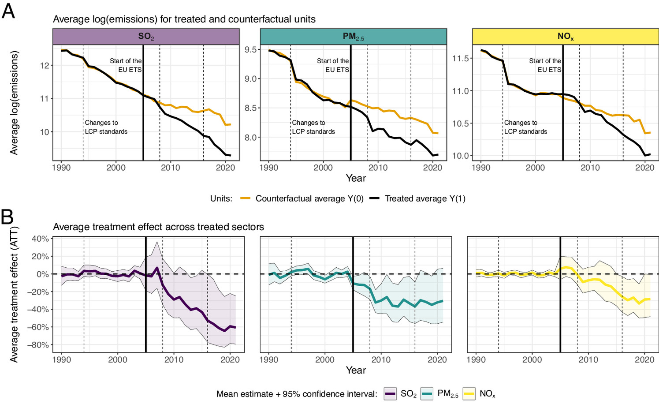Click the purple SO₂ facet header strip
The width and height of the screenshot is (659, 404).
click(x=146, y=37)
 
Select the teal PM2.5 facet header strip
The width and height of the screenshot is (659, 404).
click(x=353, y=37)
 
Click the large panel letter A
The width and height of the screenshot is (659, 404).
click(x=8, y=11)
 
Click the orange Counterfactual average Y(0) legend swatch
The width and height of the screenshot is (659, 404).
click(x=245, y=198)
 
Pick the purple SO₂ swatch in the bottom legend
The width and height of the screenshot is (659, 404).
click(x=390, y=394)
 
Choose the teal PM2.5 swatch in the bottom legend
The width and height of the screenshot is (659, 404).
click(x=427, y=394)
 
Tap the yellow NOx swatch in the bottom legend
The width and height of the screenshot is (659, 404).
click(x=469, y=394)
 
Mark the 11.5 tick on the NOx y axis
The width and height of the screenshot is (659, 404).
click(x=460, y=58)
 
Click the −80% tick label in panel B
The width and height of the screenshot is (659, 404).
click(x=38, y=345)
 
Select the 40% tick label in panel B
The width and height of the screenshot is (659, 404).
click(x=40, y=239)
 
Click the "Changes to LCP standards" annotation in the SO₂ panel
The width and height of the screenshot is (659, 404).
click(x=106, y=127)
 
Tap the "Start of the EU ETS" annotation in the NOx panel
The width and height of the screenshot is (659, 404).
click(x=545, y=65)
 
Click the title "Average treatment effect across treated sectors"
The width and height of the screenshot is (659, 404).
click(x=158, y=227)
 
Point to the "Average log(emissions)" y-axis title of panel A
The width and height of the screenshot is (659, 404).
click(x=14, y=103)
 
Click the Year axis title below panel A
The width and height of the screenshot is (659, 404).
click(x=355, y=178)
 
